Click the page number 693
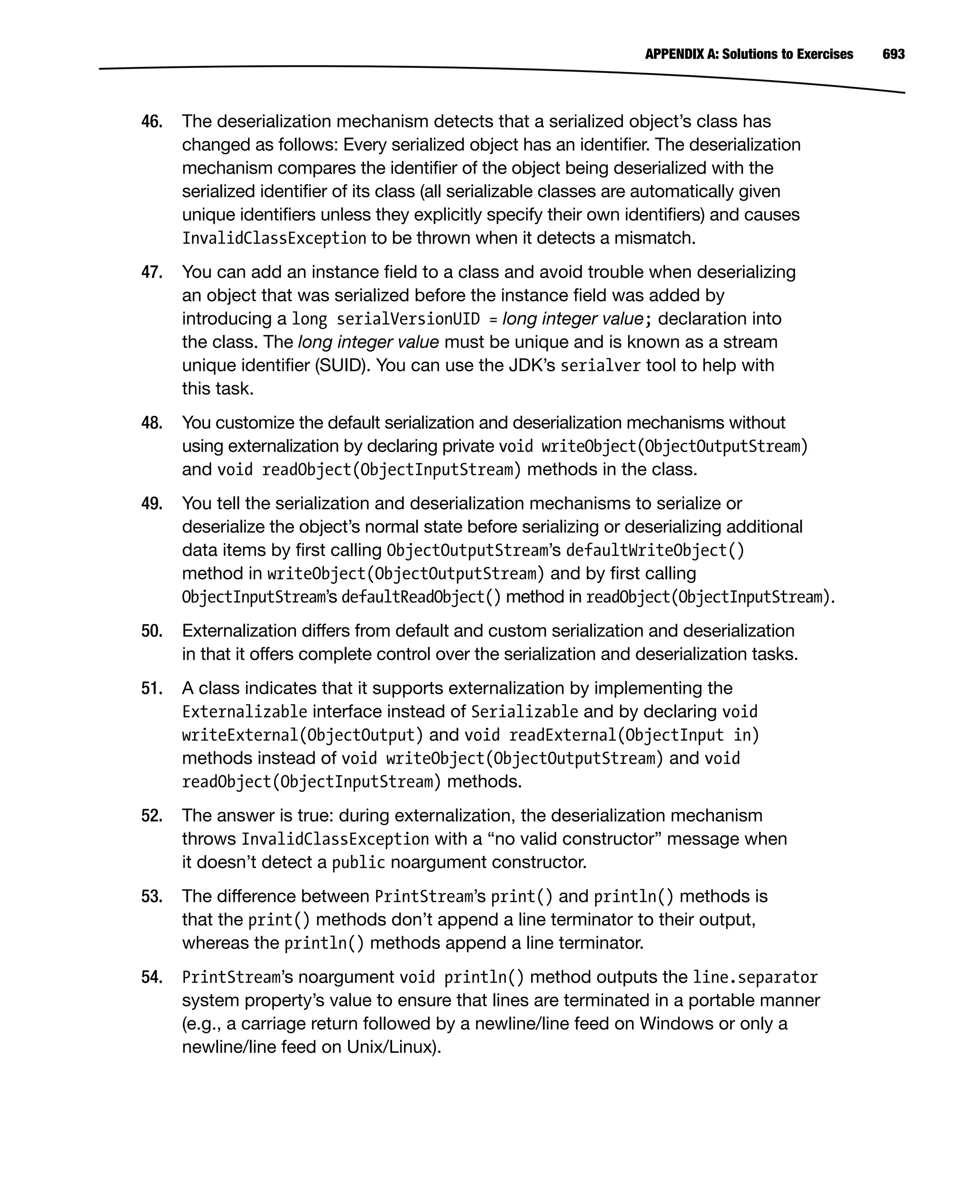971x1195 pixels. coord(893,54)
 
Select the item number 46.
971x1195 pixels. coord(152,121)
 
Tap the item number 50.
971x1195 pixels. coord(152,631)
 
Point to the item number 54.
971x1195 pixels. coord(152,977)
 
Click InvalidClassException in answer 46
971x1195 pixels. coord(274,239)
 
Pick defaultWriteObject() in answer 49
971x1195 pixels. coord(655,551)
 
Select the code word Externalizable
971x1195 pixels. coord(245,712)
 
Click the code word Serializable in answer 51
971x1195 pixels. coord(524,712)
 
